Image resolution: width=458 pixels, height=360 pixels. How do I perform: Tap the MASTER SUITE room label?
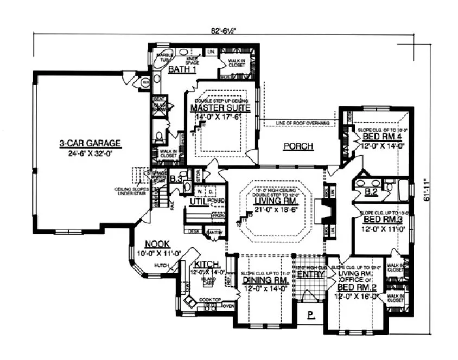pyautogui.click(x=220, y=108)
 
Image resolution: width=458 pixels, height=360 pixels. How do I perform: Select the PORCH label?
pyautogui.click(x=298, y=146)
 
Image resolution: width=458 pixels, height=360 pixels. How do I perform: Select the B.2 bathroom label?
pyautogui.click(x=371, y=191)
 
